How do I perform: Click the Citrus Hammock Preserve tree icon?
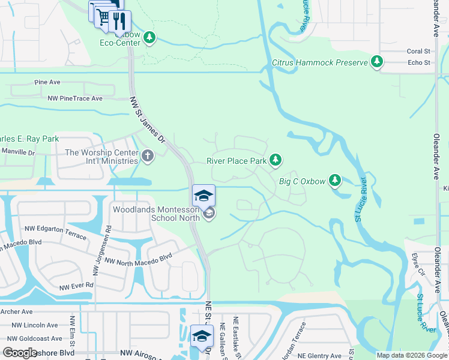377,61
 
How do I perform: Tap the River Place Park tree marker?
276,160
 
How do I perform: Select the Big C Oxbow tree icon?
335,180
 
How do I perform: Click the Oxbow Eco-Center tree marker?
149,38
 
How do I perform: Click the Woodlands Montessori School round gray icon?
209,214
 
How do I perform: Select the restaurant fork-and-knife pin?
119,21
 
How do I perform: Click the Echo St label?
419,62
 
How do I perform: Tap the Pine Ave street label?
47,82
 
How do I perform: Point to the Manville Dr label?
18,153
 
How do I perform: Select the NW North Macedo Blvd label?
139,259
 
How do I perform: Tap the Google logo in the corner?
20,353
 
